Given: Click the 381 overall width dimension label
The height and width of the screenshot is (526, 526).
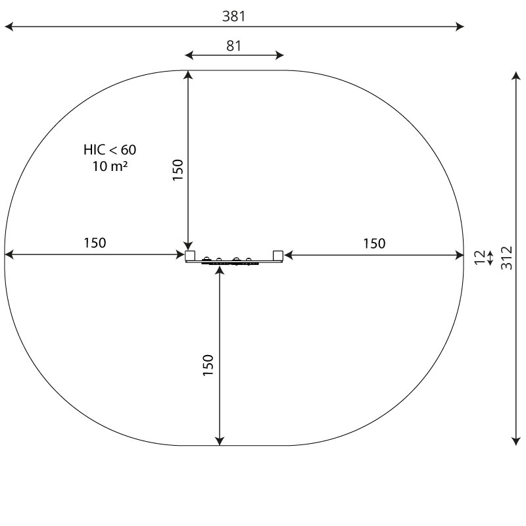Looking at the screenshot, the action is pyautogui.click(x=234, y=16).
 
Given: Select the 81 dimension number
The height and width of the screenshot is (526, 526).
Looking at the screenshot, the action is pyautogui.click(x=234, y=46).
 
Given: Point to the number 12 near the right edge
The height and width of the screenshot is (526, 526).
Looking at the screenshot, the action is pyautogui.click(x=480, y=258).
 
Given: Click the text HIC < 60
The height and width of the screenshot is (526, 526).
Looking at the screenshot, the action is pyautogui.click(x=110, y=150).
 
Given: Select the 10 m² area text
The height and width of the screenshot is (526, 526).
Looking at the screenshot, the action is pyautogui.click(x=110, y=166).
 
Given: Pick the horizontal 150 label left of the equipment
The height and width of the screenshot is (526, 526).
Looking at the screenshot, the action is pyautogui.click(x=95, y=243).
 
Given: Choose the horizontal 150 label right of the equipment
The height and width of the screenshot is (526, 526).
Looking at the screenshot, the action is pyautogui.click(x=374, y=243).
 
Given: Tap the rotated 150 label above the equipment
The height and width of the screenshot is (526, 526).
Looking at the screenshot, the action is pyautogui.click(x=178, y=170).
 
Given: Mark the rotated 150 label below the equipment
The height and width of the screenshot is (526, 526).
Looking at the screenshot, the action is pyautogui.click(x=208, y=365).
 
